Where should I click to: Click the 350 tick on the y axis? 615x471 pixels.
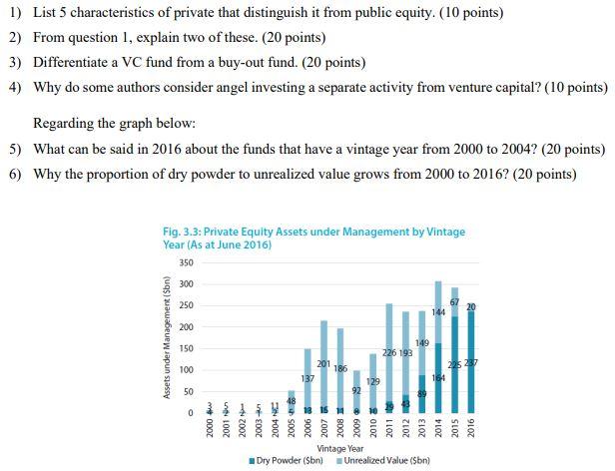tap(184, 262)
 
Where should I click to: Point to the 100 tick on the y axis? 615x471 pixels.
tap(184, 370)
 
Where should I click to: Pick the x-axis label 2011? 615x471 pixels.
tap(388, 431)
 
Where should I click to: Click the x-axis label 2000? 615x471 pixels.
tap(211, 431)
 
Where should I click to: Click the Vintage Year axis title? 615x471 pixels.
tap(339, 450)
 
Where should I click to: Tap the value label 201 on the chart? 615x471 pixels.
tap(323, 363)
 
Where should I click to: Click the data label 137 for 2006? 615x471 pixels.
tap(307, 379)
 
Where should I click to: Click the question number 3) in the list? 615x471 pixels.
tap(14, 61)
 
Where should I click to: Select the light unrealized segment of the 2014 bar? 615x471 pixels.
tap(437, 312)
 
